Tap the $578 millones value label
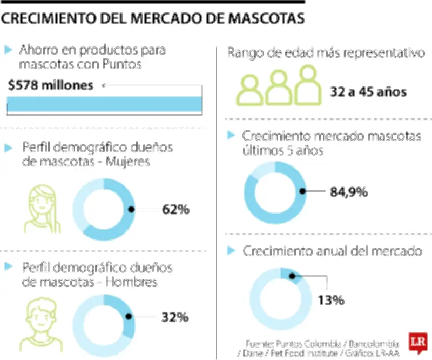point(51,85)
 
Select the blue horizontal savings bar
point(104,104)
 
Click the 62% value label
point(175,209)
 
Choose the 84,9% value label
point(348,191)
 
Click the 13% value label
point(330,300)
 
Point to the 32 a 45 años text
point(368,92)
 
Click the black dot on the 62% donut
point(131,209)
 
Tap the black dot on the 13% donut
point(292,276)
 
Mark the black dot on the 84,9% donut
point(303,191)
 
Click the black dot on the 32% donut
point(129,317)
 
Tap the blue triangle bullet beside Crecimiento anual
point(231,251)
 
